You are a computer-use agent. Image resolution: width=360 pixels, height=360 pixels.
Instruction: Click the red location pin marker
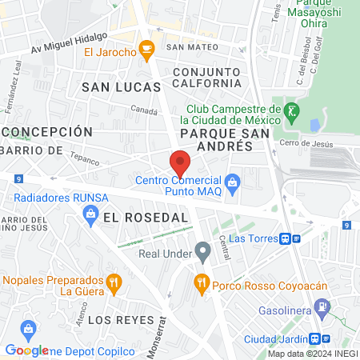(x=180, y=162)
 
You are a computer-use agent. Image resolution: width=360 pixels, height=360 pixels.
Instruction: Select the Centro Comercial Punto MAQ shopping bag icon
(x=232, y=183)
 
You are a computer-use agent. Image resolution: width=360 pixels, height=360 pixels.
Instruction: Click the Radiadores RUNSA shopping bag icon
(x=90, y=214)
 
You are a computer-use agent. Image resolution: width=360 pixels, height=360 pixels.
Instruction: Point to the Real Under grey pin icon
(x=203, y=254)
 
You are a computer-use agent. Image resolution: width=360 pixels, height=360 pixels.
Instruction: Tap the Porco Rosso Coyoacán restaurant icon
(x=201, y=282)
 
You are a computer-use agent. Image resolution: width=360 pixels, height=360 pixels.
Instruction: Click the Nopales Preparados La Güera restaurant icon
(x=114, y=282)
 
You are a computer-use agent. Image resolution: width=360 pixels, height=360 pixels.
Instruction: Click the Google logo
(x=26, y=350)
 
